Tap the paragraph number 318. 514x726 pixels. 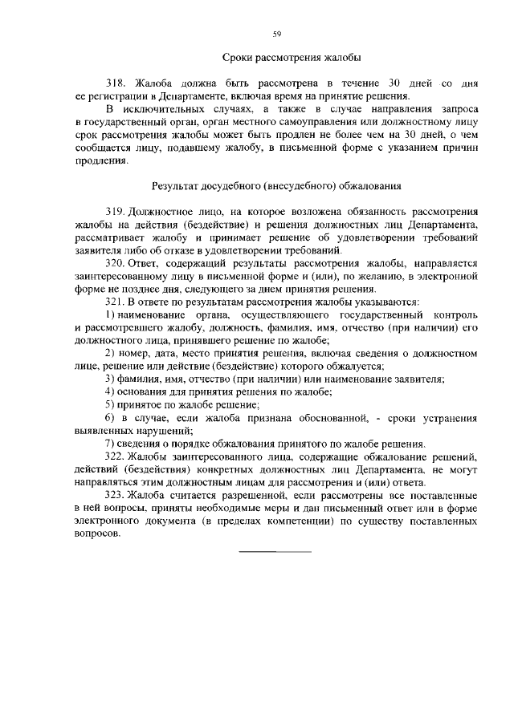tap(117, 83)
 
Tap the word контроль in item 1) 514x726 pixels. tap(453, 314)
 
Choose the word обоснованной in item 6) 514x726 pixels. tap(315, 417)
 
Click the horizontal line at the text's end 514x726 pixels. tap(275, 552)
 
